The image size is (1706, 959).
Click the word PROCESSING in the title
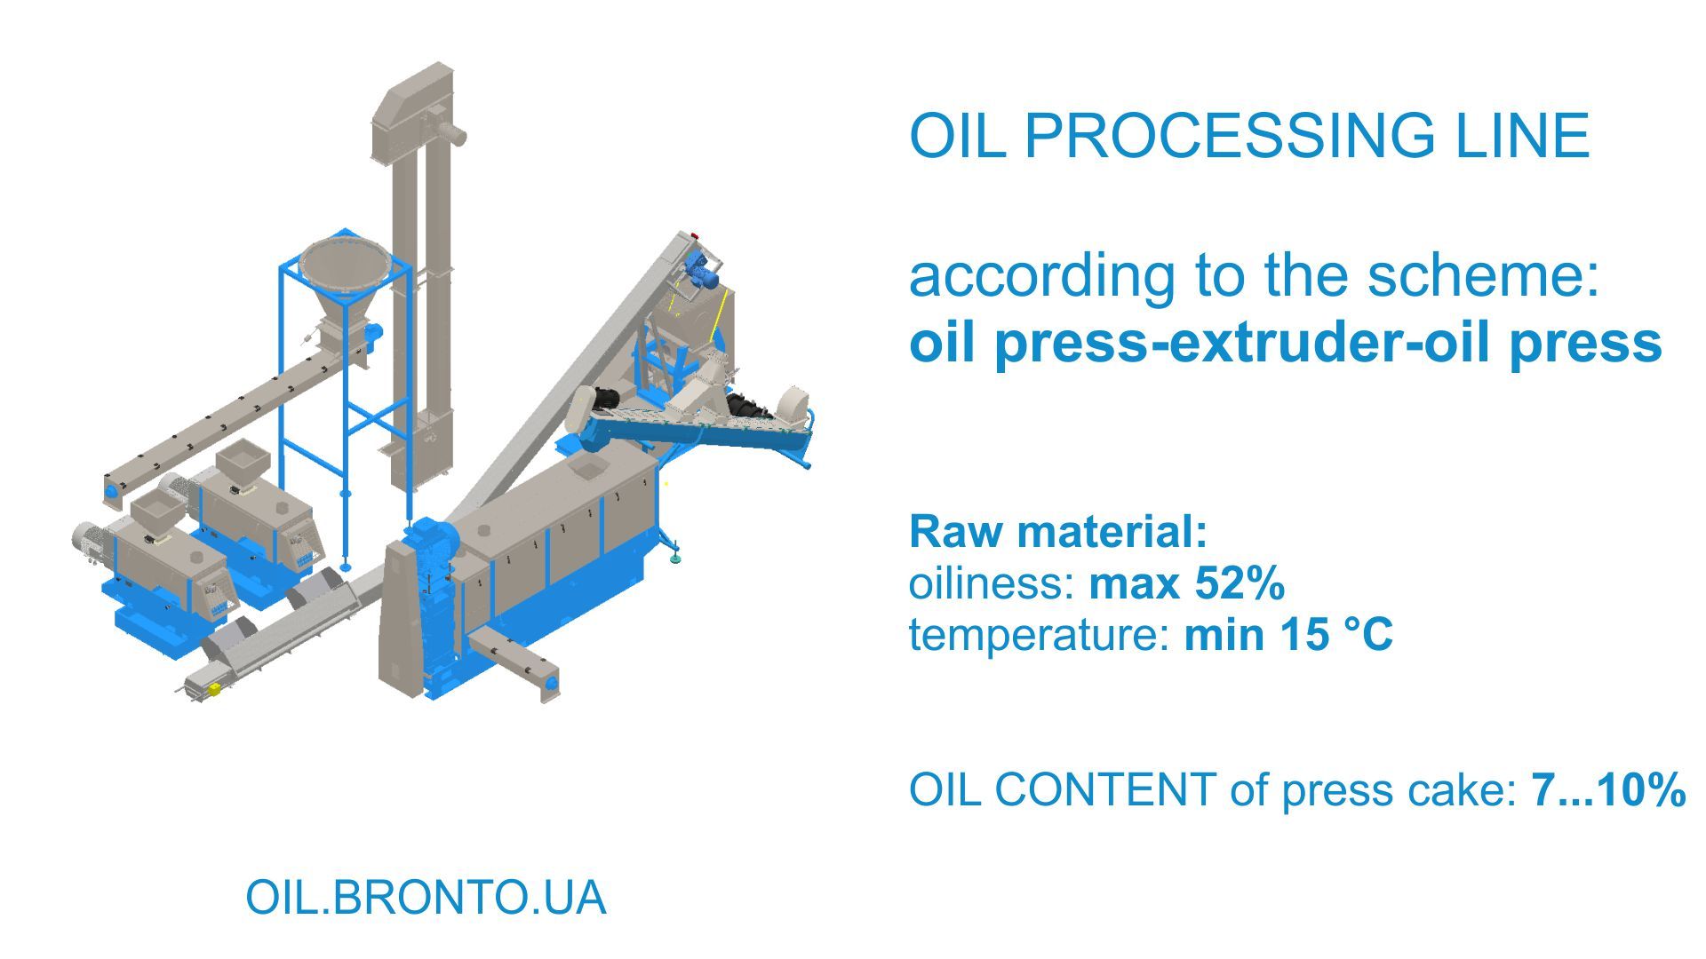(x=1229, y=136)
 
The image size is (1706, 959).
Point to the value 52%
(x=1240, y=583)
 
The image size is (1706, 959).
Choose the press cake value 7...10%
(x=1607, y=789)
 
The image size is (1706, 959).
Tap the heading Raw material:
(x=1058, y=531)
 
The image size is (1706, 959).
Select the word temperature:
(x=1039, y=635)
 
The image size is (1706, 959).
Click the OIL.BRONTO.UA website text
(x=426, y=898)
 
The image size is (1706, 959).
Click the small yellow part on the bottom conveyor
(x=213, y=688)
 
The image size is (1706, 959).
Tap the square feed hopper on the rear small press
(x=242, y=462)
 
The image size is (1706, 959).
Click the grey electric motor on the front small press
(x=90, y=538)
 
